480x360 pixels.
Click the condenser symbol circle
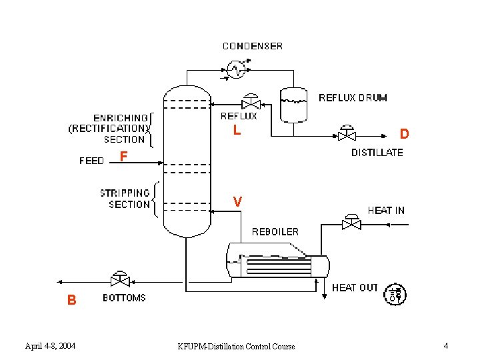click(x=236, y=70)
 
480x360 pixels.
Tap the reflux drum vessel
click(x=293, y=105)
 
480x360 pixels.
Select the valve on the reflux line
click(x=251, y=102)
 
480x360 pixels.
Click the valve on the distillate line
click(x=347, y=133)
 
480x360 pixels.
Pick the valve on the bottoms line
click(x=120, y=279)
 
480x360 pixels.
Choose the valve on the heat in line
click(x=351, y=222)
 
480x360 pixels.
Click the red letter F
click(x=123, y=157)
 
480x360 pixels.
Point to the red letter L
click(x=237, y=130)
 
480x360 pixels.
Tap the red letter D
click(x=405, y=134)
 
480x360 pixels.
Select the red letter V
click(x=237, y=202)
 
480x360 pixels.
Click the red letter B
click(x=71, y=300)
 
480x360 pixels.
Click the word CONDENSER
click(x=253, y=46)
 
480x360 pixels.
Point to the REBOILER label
click(x=275, y=232)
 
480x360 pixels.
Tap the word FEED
click(x=91, y=161)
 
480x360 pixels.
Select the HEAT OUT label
click(x=355, y=288)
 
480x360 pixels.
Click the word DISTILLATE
click(x=377, y=153)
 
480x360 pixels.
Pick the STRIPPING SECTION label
click(x=125, y=199)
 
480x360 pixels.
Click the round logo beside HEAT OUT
click(x=395, y=294)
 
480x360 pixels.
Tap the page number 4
click(x=446, y=346)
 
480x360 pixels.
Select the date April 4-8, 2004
click(x=50, y=346)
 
